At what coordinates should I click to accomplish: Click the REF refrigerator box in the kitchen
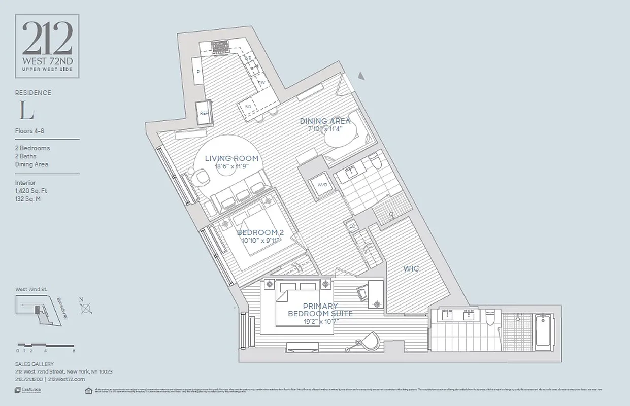[x=204, y=113]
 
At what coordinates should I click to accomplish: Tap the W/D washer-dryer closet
[x=322, y=185]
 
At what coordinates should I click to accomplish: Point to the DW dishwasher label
[x=261, y=82]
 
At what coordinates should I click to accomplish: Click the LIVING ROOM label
[x=231, y=158]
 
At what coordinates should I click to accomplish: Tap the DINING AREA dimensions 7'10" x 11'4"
[x=325, y=129]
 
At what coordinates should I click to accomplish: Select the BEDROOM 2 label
[x=260, y=232]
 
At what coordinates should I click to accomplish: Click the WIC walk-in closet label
[x=411, y=268]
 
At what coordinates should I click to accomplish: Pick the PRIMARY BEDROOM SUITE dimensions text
[x=320, y=321]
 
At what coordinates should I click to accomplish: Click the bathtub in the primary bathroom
[x=543, y=332]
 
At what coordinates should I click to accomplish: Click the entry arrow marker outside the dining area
[x=361, y=76]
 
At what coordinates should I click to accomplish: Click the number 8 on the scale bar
[x=74, y=351]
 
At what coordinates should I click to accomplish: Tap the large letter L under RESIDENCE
[x=23, y=110]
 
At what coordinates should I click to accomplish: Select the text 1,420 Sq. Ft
[x=31, y=191]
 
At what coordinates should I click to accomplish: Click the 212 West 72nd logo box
[x=47, y=46]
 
